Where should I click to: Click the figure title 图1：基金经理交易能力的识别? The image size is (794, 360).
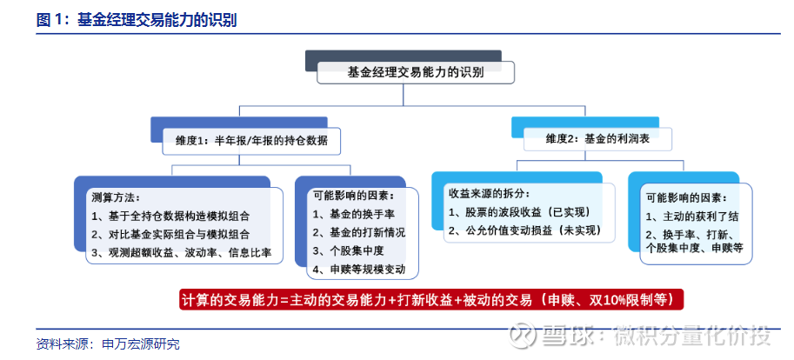137,20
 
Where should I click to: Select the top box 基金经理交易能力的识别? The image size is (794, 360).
415,72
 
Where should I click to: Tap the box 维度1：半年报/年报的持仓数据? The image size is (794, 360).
251,141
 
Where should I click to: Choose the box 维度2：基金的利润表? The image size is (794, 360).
597,139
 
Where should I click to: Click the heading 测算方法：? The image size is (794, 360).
116,197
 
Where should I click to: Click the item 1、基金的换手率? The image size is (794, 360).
353,214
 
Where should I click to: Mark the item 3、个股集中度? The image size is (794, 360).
349,250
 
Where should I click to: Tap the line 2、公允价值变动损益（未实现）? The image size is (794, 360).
525,230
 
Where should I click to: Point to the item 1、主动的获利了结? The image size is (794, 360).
692,217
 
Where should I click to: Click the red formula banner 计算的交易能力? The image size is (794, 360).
432,299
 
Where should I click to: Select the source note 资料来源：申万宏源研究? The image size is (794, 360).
108,345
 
